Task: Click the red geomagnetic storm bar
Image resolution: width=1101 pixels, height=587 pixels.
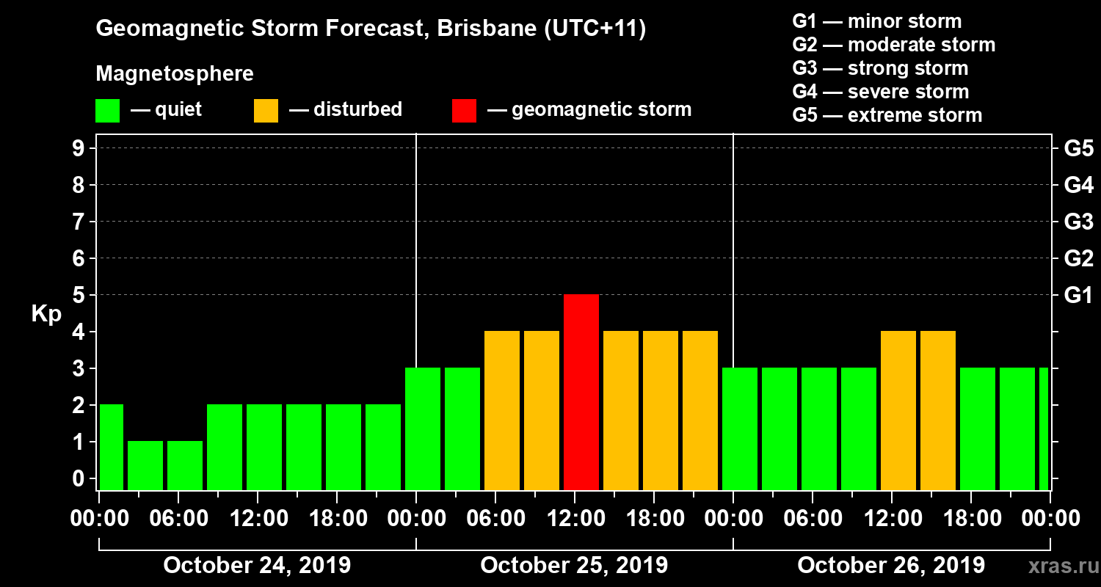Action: tap(581, 392)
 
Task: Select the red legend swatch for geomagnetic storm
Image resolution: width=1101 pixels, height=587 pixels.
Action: tap(464, 110)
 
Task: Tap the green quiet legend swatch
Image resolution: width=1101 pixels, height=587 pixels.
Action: tap(107, 110)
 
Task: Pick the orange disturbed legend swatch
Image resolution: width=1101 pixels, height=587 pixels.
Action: tap(266, 110)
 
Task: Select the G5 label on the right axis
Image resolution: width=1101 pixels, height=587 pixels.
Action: tap(1078, 149)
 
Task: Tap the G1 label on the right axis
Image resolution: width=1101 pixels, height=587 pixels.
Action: tap(1078, 296)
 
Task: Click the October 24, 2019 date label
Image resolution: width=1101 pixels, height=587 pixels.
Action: tap(257, 566)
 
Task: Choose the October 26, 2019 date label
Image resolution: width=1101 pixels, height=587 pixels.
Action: tap(891, 566)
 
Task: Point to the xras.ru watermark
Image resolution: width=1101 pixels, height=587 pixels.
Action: tap(1058, 566)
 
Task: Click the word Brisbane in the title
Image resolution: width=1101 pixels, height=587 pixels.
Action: tap(488, 29)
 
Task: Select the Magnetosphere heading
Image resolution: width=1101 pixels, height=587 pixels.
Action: tap(175, 74)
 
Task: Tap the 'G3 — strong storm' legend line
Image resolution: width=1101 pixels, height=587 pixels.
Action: tap(880, 68)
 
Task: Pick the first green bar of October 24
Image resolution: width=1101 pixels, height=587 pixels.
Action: tap(111, 447)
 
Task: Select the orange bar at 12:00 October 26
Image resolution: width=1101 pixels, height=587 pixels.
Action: tap(898, 410)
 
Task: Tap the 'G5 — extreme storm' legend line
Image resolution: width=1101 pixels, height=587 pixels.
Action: tap(887, 115)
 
